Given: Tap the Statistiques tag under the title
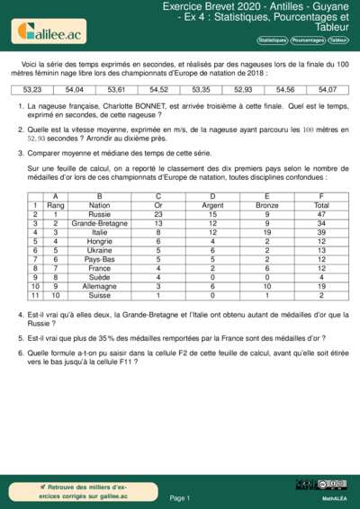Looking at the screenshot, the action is tap(272, 40).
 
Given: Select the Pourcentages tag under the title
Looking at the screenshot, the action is tap(307, 40).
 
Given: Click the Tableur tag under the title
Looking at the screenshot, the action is tap(338, 40).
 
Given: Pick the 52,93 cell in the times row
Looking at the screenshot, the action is tap(243, 90).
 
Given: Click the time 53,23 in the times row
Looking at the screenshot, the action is tap(32, 90).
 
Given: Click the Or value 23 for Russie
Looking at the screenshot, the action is tap(158, 215).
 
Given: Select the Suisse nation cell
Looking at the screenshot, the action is tap(100, 295).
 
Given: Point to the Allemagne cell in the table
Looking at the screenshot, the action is tap(100, 286).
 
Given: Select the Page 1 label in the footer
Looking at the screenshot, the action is tap(180, 497).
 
